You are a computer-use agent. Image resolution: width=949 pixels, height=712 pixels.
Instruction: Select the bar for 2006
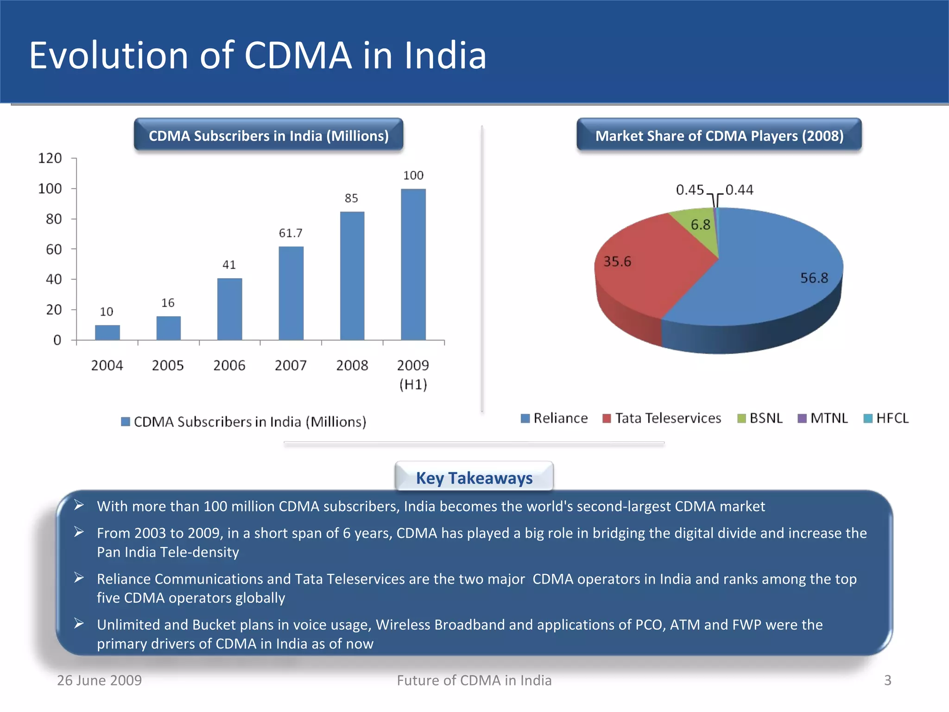click(229, 309)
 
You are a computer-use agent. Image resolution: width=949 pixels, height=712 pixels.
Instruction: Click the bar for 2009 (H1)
click(413, 264)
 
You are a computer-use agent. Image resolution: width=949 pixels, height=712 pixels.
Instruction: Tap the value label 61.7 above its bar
click(291, 233)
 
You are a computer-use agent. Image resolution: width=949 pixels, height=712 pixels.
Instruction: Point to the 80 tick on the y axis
click(54, 219)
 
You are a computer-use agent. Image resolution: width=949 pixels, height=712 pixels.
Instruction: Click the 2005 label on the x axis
click(168, 366)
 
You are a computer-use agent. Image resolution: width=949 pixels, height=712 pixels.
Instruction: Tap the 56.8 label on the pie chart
click(814, 278)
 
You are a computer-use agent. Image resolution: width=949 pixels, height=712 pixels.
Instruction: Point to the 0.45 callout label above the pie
click(690, 190)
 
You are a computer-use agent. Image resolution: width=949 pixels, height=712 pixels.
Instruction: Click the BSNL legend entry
click(760, 419)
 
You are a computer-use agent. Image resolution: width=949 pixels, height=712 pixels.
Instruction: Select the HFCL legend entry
click(886, 419)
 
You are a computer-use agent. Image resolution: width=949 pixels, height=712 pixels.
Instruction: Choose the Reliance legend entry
click(555, 419)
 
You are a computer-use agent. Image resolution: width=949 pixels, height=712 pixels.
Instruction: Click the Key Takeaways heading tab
click(474, 477)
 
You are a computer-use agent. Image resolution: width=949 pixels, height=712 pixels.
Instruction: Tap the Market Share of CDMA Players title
click(719, 136)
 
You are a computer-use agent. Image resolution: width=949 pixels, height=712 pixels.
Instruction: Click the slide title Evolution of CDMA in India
click(258, 55)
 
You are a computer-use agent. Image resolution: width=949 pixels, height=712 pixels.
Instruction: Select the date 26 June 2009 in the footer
click(99, 680)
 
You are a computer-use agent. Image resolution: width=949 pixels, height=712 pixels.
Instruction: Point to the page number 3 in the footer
click(887, 680)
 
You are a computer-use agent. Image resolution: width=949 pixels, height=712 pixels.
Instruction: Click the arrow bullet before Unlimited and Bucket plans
click(79, 624)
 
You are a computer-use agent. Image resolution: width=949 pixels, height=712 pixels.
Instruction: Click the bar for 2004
click(108, 332)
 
